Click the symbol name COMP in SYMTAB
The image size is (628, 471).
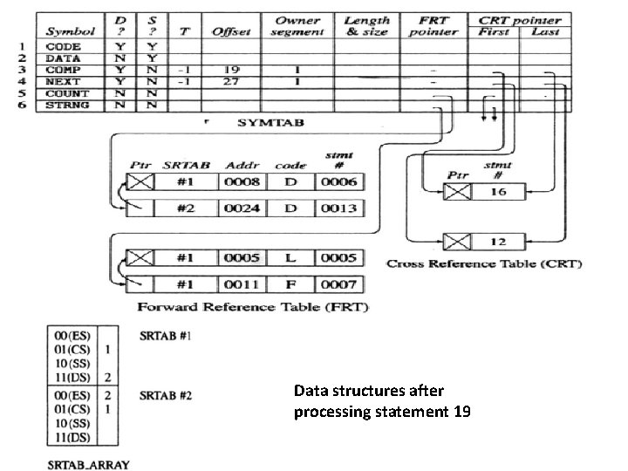click(64, 70)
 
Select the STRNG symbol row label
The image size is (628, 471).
click(66, 106)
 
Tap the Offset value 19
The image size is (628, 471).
click(230, 70)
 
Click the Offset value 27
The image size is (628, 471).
click(230, 82)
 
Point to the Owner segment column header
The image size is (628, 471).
click(297, 25)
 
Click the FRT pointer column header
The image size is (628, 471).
click(433, 25)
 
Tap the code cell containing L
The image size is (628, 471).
click(290, 258)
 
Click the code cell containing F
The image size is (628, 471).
click(290, 283)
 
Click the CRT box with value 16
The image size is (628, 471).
click(497, 191)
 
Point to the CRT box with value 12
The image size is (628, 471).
click(497, 242)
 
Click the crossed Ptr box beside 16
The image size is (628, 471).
click(456, 191)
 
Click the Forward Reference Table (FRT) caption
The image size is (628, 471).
click(252, 307)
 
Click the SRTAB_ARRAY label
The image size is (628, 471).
click(88, 464)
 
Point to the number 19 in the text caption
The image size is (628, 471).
click(461, 411)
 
